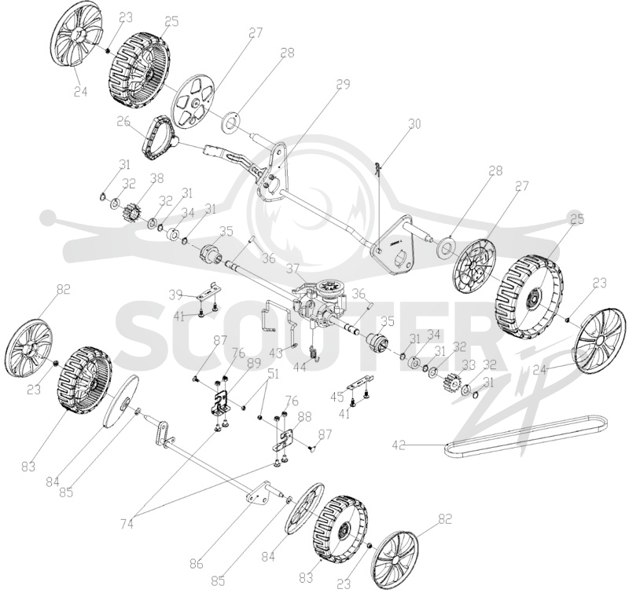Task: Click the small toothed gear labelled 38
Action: (x=131, y=210)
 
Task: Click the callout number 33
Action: (x=468, y=365)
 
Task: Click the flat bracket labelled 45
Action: (x=360, y=383)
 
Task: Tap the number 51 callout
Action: (x=273, y=375)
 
